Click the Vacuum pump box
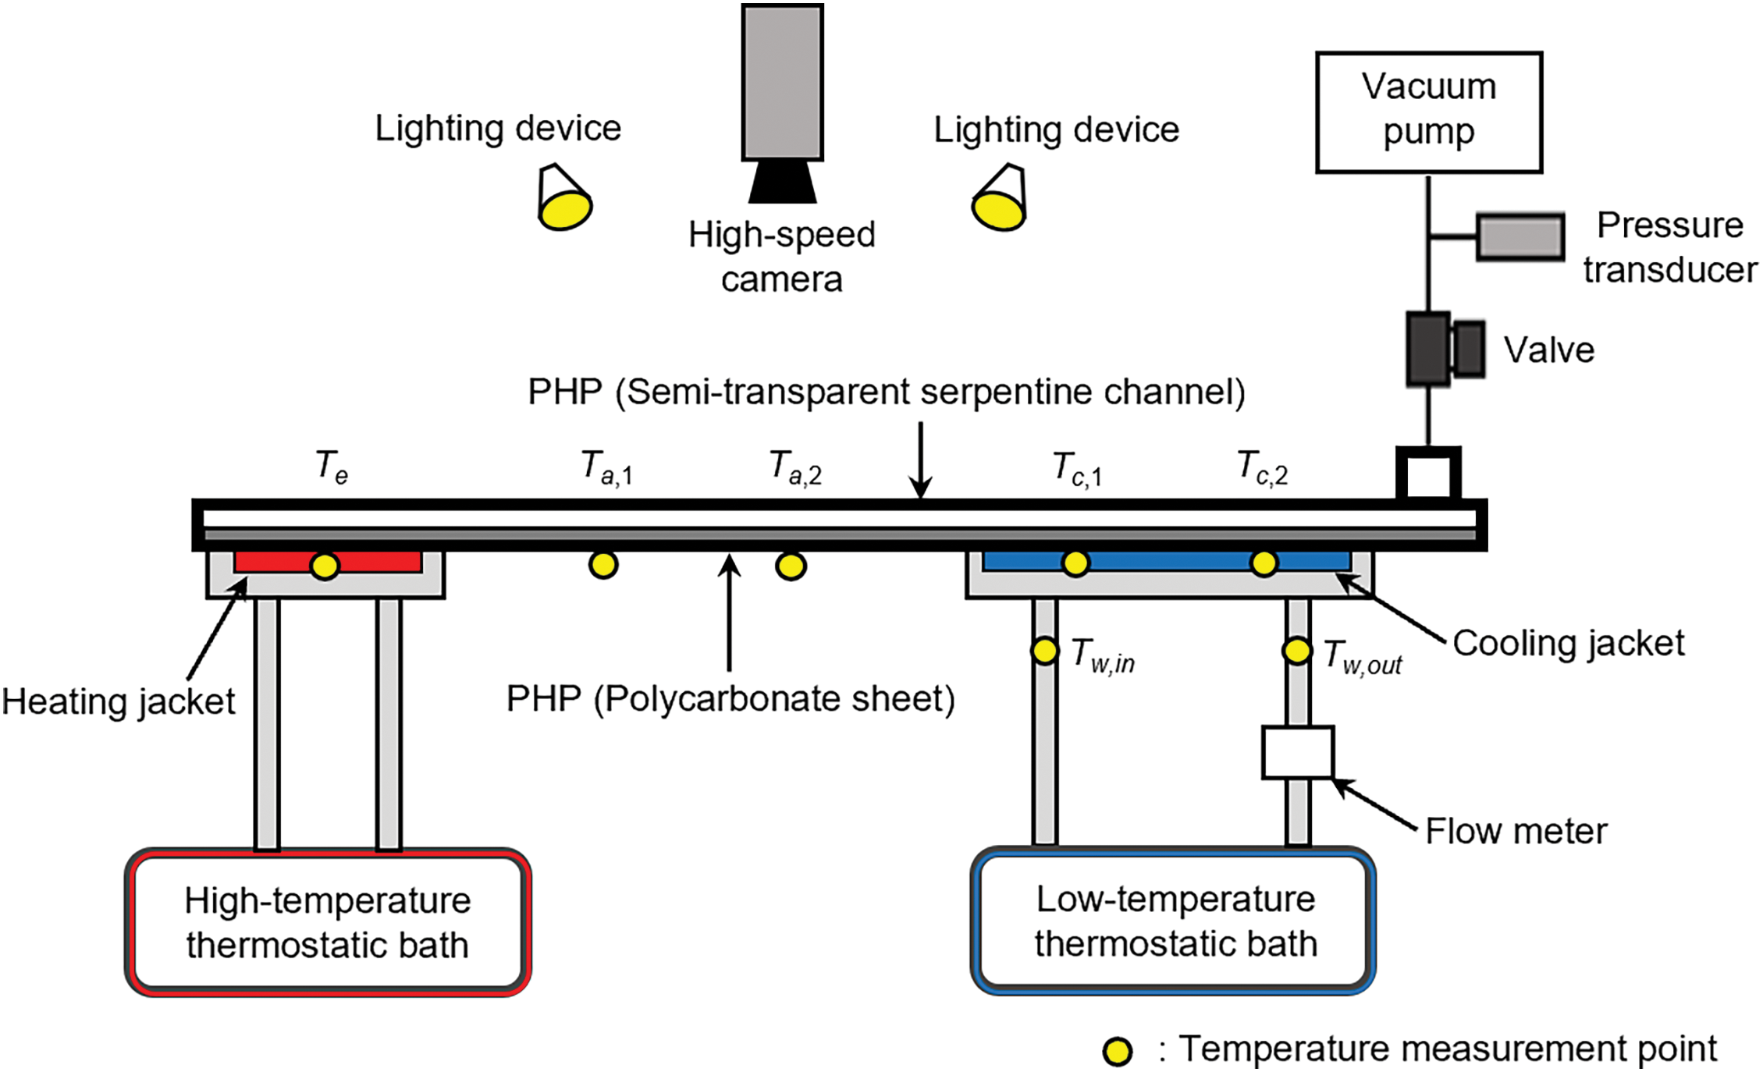(x=1428, y=112)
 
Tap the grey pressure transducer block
(x=1520, y=236)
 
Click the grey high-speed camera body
(x=782, y=82)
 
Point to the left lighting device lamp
(x=564, y=200)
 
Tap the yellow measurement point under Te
(x=325, y=566)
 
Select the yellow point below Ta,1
(x=602, y=565)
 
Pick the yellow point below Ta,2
(x=791, y=566)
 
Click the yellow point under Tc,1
(x=1075, y=563)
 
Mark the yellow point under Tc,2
(x=1264, y=563)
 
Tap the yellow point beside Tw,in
(x=1044, y=651)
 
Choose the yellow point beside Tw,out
(x=1296, y=650)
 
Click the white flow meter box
(x=1297, y=752)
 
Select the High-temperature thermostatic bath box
(x=328, y=921)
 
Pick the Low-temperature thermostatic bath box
(x=1174, y=921)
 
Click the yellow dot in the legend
(x=1117, y=1051)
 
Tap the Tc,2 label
(x=1262, y=468)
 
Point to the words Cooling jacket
(x=1567, y=644)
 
